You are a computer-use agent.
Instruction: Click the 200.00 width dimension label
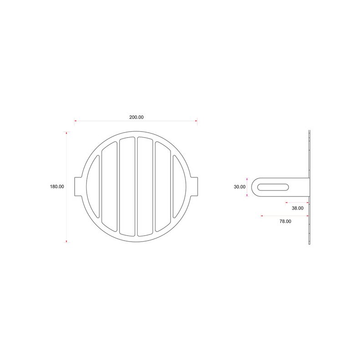[x=136, y=117]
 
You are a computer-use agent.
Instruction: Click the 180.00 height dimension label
[x=57, y=186]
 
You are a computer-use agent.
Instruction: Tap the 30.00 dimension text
[x=240, y=186]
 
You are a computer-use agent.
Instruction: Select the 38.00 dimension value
[x=298, y=208]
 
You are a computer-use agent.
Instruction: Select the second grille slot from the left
[x=109, y=186]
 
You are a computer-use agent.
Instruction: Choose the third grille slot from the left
[x=127, y=186]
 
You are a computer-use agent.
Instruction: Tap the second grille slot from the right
[x=163, y=186]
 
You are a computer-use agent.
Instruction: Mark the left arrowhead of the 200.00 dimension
[x=75, y=121]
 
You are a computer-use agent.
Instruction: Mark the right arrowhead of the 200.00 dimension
[x=196, y=121]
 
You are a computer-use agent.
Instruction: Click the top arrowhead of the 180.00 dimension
[x=67, y=133]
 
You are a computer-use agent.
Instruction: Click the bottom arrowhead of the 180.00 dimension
[x=67, y=241]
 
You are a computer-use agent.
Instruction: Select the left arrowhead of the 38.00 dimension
[x=287, y=202]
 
